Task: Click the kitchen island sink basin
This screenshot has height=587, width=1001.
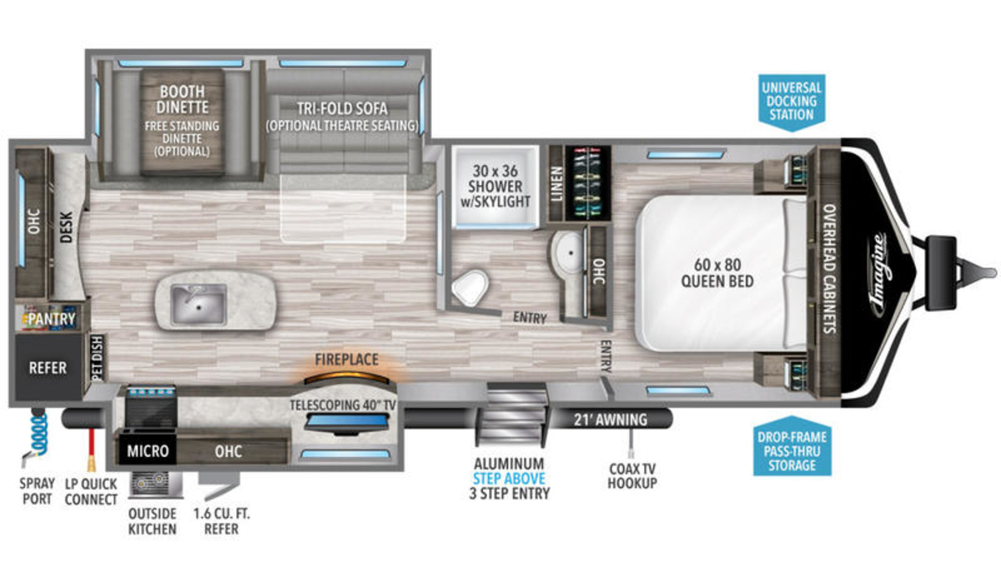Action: pos(199,304)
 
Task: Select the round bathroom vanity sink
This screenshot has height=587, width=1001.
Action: pos(568,253)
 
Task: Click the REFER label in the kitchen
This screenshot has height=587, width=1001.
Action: pos(48,368)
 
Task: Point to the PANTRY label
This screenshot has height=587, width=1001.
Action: pos(52,319)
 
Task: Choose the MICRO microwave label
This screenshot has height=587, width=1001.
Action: pos(148,451)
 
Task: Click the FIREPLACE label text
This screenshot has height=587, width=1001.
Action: pos(347,359)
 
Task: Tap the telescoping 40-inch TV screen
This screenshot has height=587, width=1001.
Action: pos(347,422)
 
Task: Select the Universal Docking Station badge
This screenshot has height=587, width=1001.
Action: pos(792,103)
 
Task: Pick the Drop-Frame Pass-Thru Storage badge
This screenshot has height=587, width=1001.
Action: pos(792,446)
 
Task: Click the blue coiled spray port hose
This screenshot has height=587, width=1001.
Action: pos(39,433)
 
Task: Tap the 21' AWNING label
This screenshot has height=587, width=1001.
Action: pos(611,419)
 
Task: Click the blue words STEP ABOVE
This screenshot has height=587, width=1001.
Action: pos(509,479)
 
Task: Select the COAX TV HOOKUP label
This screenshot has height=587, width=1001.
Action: pos(632,476)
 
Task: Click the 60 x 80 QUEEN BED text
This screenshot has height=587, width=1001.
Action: pos(717,273)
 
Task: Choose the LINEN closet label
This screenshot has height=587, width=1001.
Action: pos(557,184)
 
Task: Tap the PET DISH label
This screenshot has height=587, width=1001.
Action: pos(98,359)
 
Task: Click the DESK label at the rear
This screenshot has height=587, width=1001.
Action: pos(66,227)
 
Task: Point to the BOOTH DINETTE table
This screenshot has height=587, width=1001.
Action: pos(182,122)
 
